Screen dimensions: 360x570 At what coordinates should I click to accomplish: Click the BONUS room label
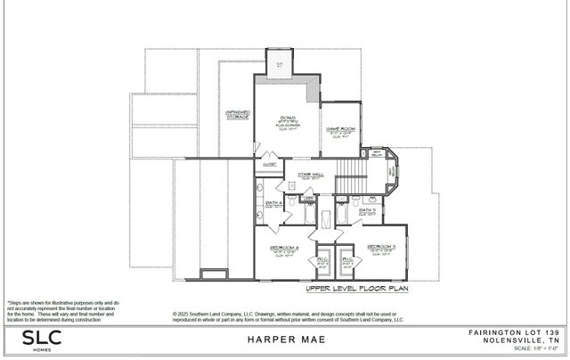(288, 118)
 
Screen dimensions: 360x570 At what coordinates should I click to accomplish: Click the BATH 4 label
(274, 204)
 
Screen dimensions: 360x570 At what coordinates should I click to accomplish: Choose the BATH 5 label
(367, 210)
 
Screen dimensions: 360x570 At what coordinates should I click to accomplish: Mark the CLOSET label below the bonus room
(269, 164)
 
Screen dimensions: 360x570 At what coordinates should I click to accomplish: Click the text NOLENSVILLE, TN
(520, 340)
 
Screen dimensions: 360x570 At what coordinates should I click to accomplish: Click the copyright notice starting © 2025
(288, 316)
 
